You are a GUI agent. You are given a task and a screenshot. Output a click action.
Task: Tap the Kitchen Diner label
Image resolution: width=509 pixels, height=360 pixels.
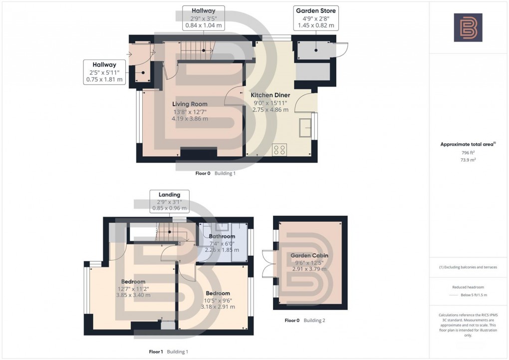point(270,95)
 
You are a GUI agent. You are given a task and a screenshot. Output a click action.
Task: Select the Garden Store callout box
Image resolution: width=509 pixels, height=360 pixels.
point(316,18)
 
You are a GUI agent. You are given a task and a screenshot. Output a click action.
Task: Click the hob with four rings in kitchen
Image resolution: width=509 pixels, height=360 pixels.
point(279,149)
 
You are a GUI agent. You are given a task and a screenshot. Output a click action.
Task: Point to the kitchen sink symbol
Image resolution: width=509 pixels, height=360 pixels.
point(305,127)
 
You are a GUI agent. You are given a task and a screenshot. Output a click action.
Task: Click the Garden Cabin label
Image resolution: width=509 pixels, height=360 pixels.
point(309,255)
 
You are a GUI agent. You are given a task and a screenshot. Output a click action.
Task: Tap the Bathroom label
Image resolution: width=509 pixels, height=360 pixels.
point(222,236)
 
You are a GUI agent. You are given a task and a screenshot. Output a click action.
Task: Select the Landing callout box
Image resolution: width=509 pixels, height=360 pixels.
point(169,201)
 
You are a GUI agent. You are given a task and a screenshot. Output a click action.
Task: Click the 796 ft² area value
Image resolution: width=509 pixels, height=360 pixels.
point(467,153)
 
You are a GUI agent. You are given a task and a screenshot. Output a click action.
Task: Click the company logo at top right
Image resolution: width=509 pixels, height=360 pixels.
point(468,27)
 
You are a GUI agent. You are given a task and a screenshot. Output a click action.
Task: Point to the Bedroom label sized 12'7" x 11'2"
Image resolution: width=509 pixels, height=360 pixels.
point(133,282)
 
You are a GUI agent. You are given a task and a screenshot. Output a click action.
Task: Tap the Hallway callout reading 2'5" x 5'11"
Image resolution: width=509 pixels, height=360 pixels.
point(104,72)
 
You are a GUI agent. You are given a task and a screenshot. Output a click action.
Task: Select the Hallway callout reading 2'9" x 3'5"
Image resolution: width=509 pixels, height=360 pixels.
point(203,18)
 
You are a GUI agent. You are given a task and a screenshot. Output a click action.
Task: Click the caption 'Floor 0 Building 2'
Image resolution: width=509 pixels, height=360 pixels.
point(304,320)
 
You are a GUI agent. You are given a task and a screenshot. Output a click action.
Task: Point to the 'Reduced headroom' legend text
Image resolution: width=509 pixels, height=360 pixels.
point(467,287)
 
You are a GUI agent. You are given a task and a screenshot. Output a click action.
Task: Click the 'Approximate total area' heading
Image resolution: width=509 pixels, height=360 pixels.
point(467,144)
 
